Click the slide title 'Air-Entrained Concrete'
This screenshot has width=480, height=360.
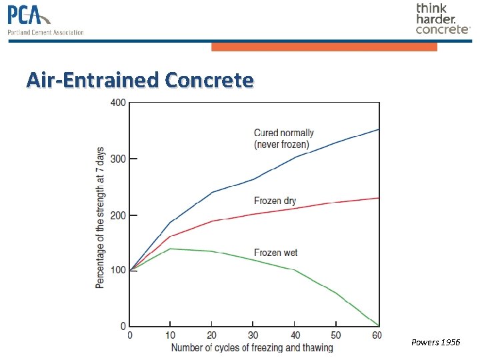tap(140, 80)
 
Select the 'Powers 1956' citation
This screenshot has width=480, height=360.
tap(435, 342)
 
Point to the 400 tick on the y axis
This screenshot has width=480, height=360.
tap(117, 103)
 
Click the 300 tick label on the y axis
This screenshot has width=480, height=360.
tap(117, 159)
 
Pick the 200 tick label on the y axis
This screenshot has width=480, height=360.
tap(117, 215)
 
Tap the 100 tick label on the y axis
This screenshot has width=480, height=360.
tap(117, 271)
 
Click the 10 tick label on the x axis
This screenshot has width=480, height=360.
tap(171, 335)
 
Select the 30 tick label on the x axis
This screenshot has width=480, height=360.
tap(253, 335)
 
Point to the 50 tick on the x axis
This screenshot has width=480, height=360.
tap(335, 335)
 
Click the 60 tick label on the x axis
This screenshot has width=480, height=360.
tap(377, 335)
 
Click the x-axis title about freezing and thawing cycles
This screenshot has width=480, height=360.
tap(252, 347)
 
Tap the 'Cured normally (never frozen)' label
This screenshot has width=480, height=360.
tap(284, 139)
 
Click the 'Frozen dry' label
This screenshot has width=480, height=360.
tap(275, 201)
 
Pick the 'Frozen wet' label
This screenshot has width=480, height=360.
tap(275, 253)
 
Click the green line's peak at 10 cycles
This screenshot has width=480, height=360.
tap(171, 249)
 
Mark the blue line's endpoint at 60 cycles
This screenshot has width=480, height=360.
tap(379, 129)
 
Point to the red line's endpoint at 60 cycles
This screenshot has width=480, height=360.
tap(379, 198)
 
